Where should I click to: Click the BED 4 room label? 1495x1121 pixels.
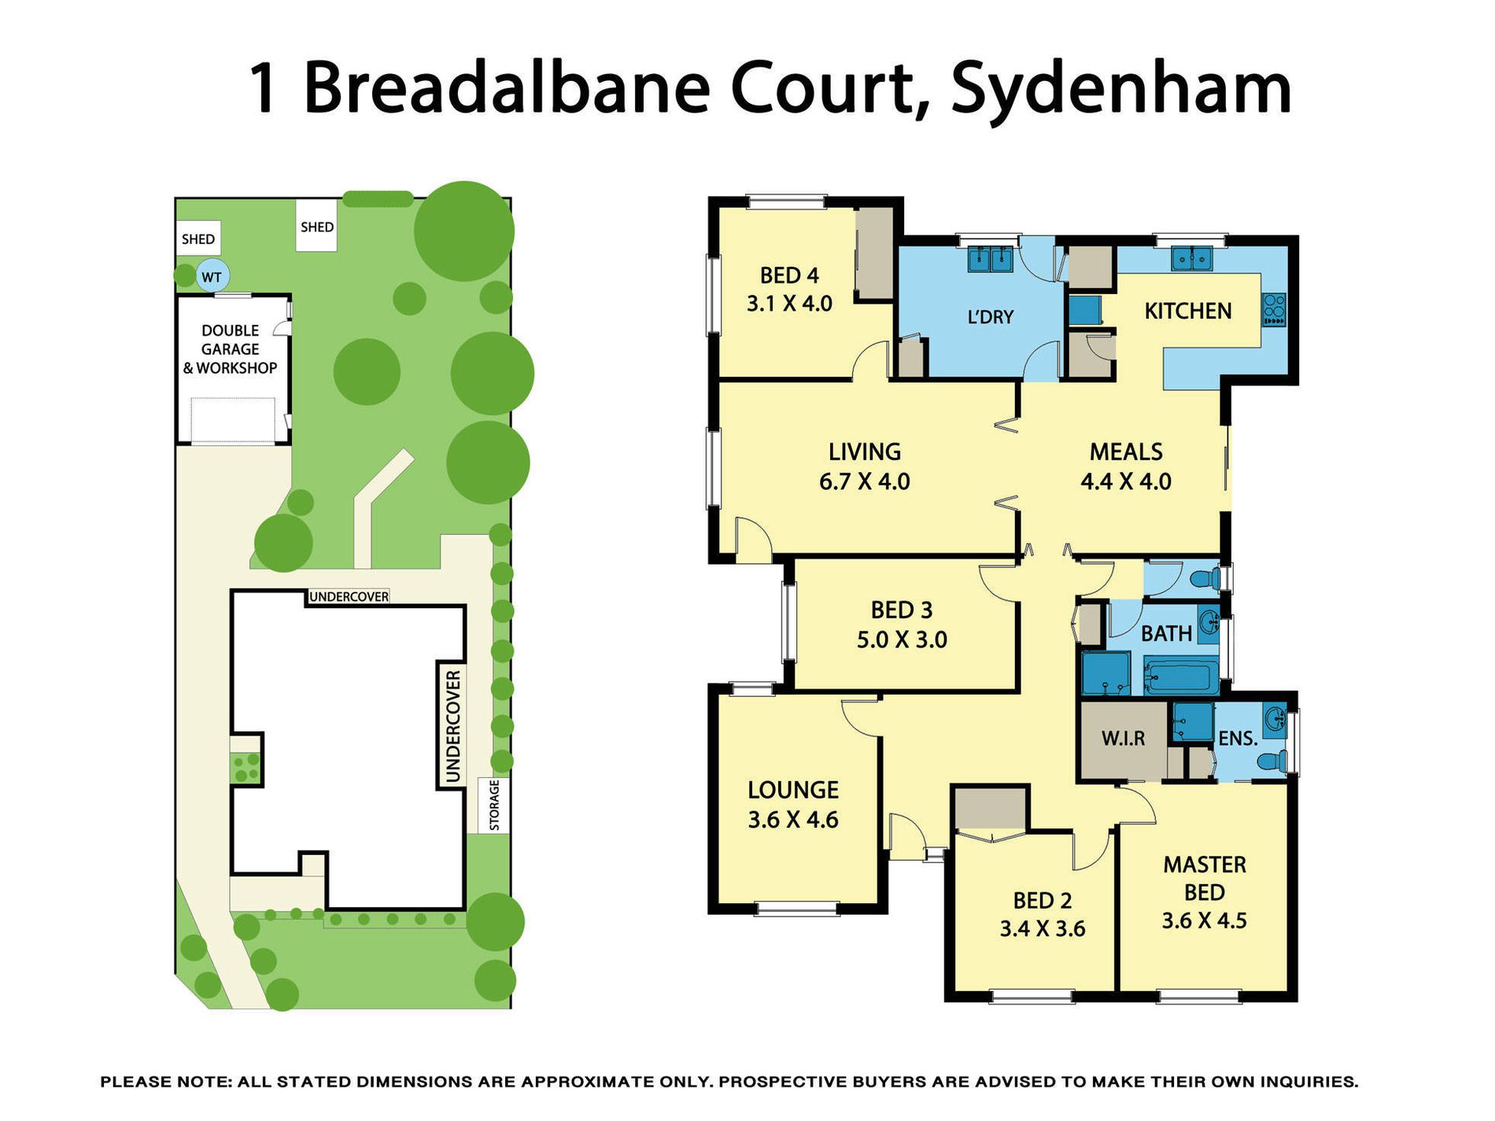click(789, 275)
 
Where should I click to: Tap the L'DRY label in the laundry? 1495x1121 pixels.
click(990, 317)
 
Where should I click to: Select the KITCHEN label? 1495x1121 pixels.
click(1187, 312)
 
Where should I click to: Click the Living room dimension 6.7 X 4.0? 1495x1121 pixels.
click(864, 481)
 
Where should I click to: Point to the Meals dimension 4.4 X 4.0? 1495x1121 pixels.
click(1126, 481)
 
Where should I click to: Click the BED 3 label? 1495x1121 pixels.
click(902, 610)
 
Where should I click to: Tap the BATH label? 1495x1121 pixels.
click(1166, 633)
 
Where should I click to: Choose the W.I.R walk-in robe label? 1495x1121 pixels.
click(1123, 738)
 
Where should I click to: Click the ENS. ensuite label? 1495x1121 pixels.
click(1238, 738)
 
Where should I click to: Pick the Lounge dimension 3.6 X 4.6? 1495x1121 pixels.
click(793, 820)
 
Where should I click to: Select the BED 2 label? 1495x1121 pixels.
click(1043, 900)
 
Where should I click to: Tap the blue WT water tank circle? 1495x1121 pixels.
click(212, 277)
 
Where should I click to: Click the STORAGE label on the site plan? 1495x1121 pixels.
click(495, 806)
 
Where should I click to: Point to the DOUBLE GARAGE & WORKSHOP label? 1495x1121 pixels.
click(230, 349)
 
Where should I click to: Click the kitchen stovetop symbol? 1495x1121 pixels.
click(1274, 310)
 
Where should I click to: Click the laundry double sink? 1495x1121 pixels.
click(990, 259)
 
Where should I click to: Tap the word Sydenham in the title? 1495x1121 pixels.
click(1121, 89)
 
